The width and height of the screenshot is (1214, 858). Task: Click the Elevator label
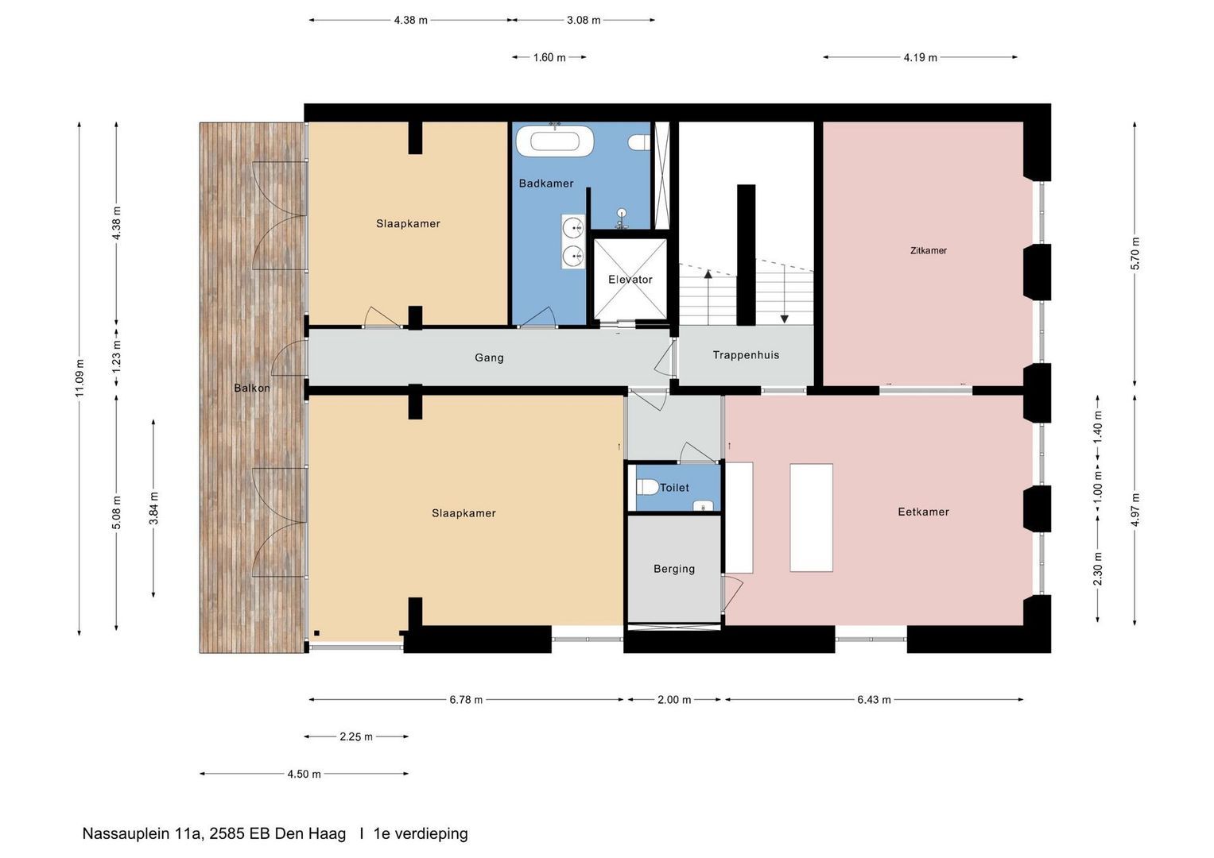[630, 280]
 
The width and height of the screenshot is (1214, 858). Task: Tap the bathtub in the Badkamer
[554, 141]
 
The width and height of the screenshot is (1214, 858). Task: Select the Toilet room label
[674, 488]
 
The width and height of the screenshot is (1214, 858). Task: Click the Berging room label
[674, 569]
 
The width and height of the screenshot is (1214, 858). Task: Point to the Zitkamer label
[929, 250]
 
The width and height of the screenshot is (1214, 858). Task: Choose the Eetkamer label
[924, 512]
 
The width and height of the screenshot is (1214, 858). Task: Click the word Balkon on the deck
[251, 388]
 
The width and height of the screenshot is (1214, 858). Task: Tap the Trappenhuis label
[746, 355]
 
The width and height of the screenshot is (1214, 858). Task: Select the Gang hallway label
[489, 357]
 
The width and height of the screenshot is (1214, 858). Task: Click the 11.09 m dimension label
[80, 377]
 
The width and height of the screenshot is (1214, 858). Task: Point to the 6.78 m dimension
[466, 699]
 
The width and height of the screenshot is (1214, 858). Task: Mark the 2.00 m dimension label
[674, 699]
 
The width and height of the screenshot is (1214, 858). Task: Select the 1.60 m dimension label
[549, 57]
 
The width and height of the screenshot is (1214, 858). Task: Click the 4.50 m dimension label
[304, 774]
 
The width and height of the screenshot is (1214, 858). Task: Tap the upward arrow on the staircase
[708, 298]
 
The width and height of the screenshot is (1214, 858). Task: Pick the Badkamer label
[545, 183]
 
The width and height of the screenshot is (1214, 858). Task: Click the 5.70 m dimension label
[1135, 253]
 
